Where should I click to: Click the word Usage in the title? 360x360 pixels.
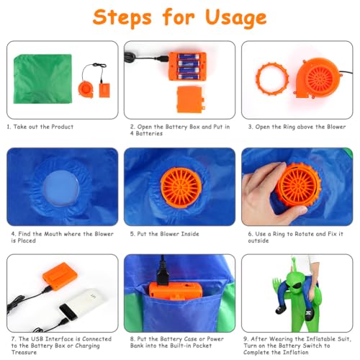click(x=236, y=18)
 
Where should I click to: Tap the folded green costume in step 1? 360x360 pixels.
click(x=42, y=79)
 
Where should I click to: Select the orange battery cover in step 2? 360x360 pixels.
click(x=191, y=99)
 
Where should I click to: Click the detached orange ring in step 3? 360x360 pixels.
click(x=272, y=79)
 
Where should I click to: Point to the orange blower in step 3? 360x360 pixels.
click(x=318, y=78)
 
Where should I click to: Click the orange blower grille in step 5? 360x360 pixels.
click(x=181, y=187)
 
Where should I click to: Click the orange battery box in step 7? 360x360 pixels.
click(x=60, y=276)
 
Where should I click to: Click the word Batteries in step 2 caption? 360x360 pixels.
click(x=149, y=134)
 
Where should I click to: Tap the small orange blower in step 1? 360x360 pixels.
click(x=86, y=89)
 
